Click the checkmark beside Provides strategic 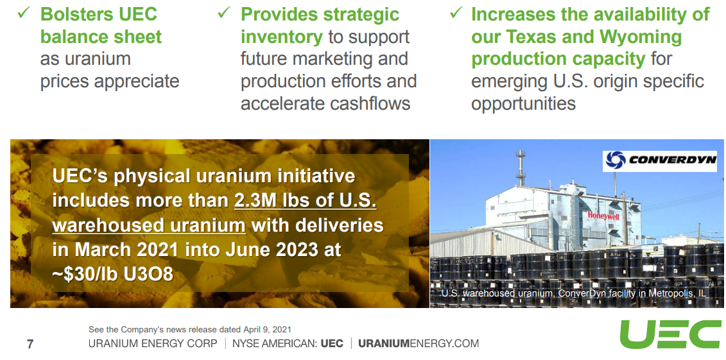(223, 12)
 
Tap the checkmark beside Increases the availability (456, 12)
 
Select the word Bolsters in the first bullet (76, 14)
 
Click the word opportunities (523, 103)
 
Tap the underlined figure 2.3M (254, 200)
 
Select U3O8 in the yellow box (148, 274)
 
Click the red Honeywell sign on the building (603, 215)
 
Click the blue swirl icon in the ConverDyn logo (616, 160)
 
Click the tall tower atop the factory (521, 168)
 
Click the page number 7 (30, 344)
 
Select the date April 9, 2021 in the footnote (265, 329)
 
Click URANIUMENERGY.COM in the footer (419, 343)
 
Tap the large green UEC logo (670, 334)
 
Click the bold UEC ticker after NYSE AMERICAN (332, 343)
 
